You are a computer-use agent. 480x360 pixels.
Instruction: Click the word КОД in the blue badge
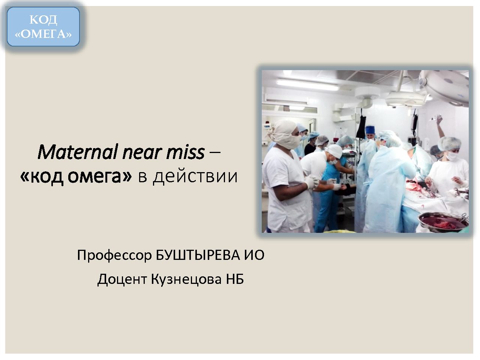point(43,20)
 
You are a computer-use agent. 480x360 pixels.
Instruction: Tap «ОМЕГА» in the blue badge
point(43,34)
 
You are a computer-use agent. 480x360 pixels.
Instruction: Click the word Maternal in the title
point(78,152)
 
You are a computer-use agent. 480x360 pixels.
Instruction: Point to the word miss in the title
point(185,152)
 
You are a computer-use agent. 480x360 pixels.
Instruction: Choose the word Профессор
point(114,255)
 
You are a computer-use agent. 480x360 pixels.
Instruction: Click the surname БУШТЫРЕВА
point(198,255)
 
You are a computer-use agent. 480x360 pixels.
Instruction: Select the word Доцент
point(122,280)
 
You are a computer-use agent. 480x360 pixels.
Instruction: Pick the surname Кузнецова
point(186,279)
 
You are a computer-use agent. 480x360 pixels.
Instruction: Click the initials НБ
point(235,279)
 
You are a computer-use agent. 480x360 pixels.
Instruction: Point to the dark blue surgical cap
point(370,129)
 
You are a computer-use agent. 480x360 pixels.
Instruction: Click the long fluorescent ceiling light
point(307,85)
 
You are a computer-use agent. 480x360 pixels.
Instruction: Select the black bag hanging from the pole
point(361,126)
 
